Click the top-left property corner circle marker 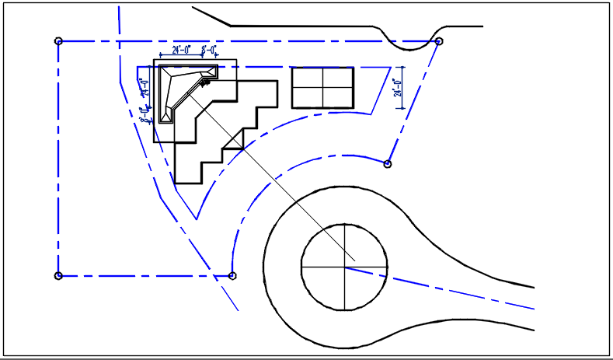[58, 40]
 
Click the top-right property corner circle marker [439, 41]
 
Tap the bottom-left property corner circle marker [58, 275]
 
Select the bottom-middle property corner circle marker [233, 275]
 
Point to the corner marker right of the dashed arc [388, 163]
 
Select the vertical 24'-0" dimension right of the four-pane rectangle [397, 87]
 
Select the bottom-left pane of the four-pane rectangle [307, 96]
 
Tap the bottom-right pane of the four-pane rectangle [336, 96]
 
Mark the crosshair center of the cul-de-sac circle [343, 267]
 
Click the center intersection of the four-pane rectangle [322, 87]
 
